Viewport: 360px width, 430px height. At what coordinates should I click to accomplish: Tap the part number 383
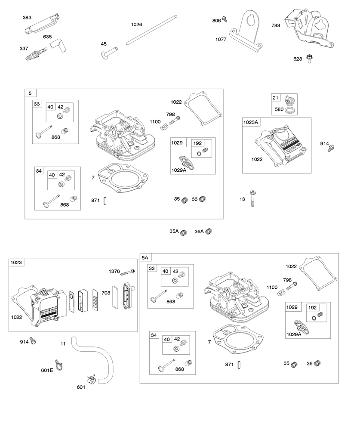[x=27, y=17]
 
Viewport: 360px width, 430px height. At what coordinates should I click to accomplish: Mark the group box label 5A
[x=145, y=257]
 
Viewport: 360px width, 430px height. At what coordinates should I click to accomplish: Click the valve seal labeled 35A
[x=184, y=232]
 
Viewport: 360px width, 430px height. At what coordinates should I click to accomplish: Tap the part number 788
[x=276, y=25]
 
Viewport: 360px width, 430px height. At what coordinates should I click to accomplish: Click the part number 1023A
[x=251, y=122]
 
